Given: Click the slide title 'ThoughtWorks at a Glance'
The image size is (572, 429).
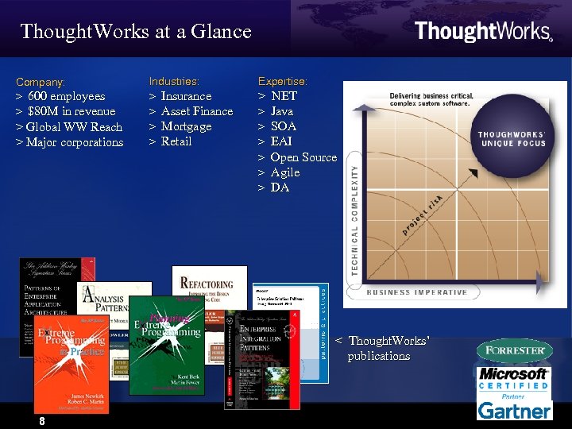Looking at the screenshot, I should click(x=136, y=32).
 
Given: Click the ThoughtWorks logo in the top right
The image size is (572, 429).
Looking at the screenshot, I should click(x=483, y=31).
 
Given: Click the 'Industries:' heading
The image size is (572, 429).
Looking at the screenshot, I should click(x=174, y=81).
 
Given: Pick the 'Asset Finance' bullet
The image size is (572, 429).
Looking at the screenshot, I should click(x=196, y=111).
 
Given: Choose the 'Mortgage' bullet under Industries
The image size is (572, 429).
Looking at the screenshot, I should click(x=186, y=126).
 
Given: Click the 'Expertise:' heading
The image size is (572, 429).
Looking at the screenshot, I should click(x=283, y=81).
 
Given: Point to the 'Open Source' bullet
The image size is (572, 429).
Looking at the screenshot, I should click(x=303, y=157).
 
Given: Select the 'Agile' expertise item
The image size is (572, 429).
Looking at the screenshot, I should click(x=285, y=172).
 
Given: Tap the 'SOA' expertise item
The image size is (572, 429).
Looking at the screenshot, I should click(x=284, y=126).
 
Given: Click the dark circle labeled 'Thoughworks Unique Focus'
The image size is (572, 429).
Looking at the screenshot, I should click(x=512, y=139).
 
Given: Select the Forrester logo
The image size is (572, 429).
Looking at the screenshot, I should click(x=514, y=350).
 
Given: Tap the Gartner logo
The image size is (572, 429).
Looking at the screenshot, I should click(x=514, y=410).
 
